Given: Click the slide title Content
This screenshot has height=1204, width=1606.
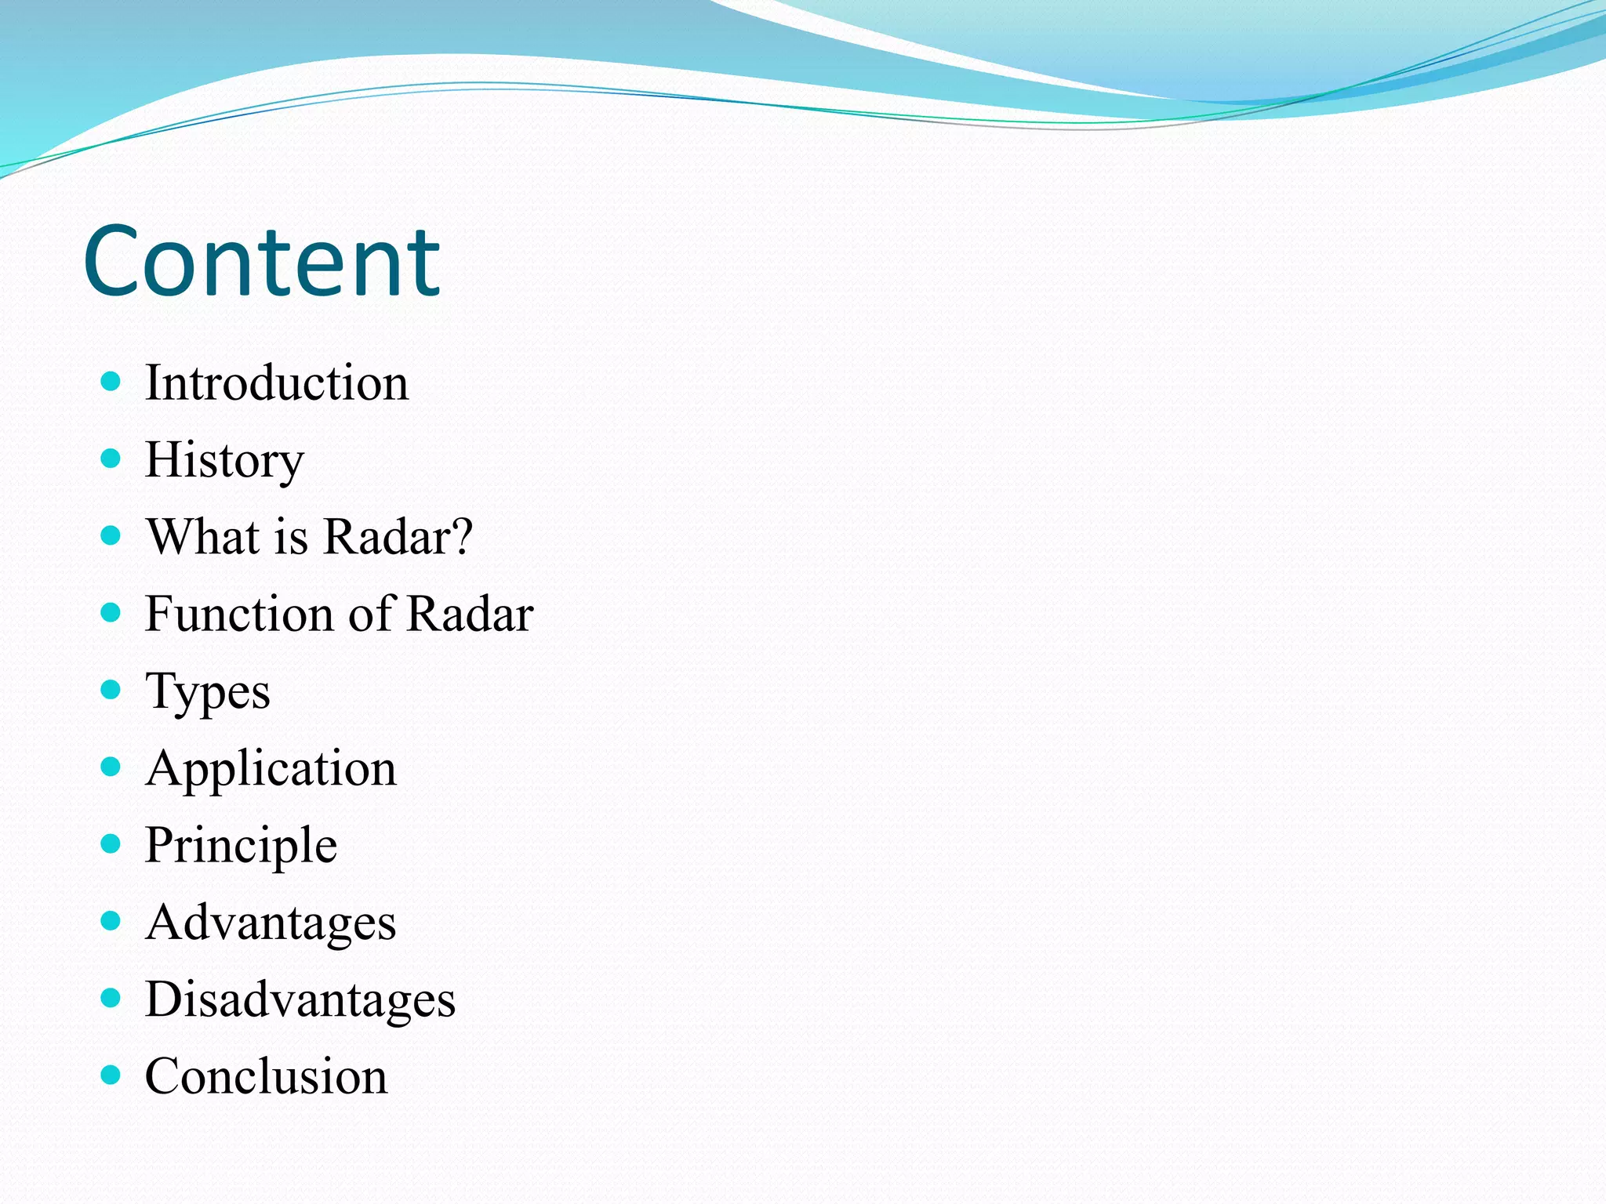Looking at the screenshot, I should tap(262, 262).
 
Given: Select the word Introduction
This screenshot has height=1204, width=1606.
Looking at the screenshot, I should tap(277, 383).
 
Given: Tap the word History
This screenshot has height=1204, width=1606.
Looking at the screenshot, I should tap(224, 460).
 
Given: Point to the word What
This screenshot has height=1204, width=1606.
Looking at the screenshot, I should tap(203, 537).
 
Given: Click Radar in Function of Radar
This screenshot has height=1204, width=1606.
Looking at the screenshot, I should tap(471, 614).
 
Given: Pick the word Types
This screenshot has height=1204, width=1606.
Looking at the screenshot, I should tap(208, 692).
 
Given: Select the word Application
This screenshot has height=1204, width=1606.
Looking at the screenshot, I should tap(271, 768).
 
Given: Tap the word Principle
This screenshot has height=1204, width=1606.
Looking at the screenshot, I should tap(242, 846).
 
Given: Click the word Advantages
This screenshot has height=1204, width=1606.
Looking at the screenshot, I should tap(271, 923).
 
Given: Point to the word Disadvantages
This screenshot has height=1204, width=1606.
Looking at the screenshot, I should tap(300, 999).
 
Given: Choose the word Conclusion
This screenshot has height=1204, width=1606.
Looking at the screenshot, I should tap(267, 1076).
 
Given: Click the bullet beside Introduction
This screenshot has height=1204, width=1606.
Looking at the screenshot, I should tap(111, 383).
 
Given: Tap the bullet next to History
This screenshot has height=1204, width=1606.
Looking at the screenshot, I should tap(111, 459).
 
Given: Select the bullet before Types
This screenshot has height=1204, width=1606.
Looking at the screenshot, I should tap(111, 690).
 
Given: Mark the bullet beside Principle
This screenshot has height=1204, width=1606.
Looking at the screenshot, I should tap(111, 843).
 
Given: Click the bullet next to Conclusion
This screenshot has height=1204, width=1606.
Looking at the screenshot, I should tap(111, 1075).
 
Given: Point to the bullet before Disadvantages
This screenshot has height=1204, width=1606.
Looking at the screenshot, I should tap(111, 998).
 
